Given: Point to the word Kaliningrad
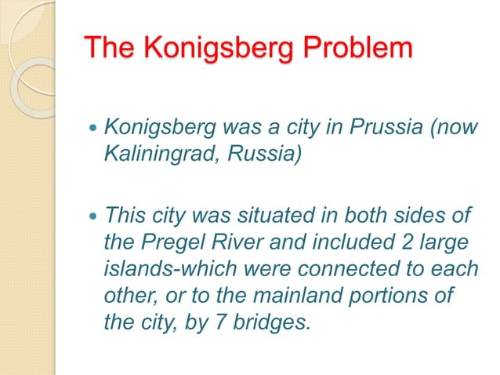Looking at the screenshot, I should (x=161, y=152).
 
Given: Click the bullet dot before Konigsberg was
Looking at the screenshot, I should (x=94, y=127).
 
